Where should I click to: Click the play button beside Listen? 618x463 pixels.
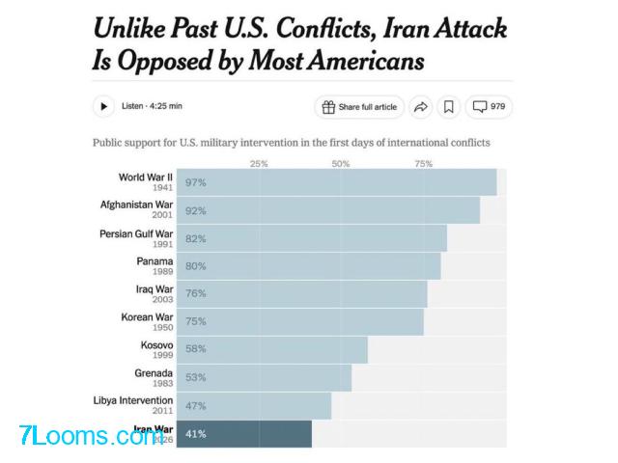pos(103,106)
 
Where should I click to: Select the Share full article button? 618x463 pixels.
pos(359,106)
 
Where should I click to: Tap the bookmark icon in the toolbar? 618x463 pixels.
pos(449,106)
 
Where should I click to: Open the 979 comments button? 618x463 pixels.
pos(488,106)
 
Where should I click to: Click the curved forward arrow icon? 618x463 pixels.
pos(422,106)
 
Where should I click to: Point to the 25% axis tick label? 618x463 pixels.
pos(259,164)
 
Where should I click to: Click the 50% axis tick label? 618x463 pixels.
pos(341,164)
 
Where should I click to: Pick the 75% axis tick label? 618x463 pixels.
pos(423,164)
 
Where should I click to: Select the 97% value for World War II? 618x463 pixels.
pos(196,182)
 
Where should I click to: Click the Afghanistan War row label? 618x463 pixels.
pos(136,204)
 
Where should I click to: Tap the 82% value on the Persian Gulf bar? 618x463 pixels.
pos(196,238)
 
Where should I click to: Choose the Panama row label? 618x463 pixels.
pos(154,261)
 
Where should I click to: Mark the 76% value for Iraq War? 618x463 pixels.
pos(196,293)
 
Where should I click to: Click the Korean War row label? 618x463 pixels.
pos(147,317)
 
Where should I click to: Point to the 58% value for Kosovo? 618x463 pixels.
pos(196,348)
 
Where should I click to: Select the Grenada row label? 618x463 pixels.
pos(154,373)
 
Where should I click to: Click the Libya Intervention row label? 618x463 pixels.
pos(133,400)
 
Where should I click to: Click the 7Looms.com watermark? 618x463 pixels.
pos(85,437)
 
